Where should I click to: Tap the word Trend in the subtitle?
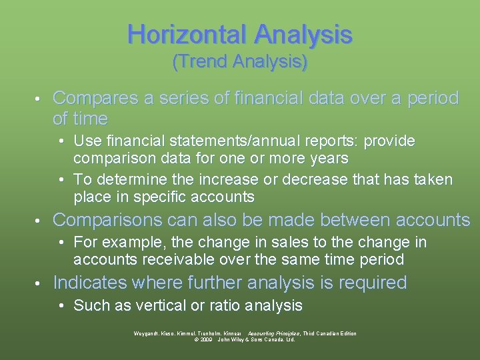[201, 62]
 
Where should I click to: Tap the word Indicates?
[89, 283]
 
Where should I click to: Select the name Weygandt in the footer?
[147, 333]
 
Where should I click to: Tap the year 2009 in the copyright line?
[205, 339]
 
